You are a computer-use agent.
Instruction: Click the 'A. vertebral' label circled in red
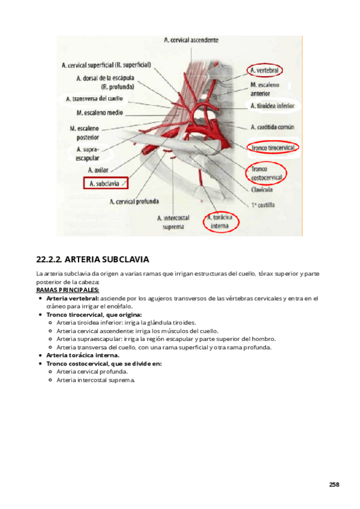266,71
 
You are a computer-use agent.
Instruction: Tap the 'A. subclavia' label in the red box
106,183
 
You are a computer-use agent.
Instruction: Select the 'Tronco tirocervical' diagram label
273,147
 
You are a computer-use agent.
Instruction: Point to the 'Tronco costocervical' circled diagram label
265,174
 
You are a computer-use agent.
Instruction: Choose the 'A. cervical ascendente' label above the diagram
191,40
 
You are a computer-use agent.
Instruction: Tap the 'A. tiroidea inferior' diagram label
272,106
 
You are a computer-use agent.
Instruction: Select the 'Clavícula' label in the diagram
262,190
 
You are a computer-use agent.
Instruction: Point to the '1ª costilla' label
262,205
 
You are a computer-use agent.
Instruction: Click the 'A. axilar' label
98,170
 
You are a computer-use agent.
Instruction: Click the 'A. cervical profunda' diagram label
134,202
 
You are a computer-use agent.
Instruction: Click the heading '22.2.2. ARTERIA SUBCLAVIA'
92,260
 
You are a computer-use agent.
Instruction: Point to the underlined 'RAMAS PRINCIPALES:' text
67,291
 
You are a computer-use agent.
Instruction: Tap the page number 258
334,484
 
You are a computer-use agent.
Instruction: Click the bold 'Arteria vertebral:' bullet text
73,298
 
